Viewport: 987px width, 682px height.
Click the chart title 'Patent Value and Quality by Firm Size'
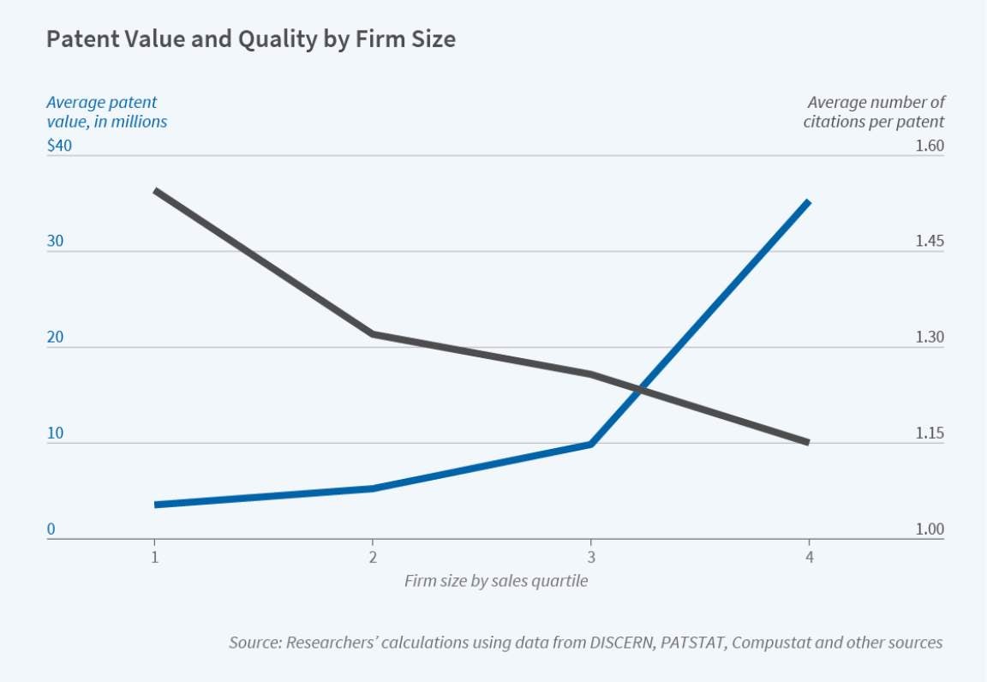[250, 39]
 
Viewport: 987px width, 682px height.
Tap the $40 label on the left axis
[59, 146]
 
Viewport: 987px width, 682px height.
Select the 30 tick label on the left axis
[55, 242]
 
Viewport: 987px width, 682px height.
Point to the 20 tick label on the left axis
[55, 338]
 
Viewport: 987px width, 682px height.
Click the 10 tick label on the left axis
[55, 434]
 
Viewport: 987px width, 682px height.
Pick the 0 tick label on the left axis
[51, 529]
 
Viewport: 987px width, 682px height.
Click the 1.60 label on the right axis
[930, 146]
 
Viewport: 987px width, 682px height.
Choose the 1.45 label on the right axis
[930, 242]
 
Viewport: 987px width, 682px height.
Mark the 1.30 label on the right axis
[930, 338]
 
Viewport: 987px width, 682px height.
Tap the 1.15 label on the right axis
[930, 434]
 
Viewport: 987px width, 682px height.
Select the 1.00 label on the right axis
[930, 529]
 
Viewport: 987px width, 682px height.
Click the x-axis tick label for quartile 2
[373, 558]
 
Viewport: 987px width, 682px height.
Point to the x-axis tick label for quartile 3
[590, 558]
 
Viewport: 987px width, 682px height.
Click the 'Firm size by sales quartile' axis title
[496, 581]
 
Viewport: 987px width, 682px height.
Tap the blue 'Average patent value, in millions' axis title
[106, 112]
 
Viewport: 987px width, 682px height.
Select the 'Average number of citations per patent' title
[874, 112]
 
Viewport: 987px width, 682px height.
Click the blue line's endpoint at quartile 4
[808, 202]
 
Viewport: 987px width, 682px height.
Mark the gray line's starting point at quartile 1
[155, 190]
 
